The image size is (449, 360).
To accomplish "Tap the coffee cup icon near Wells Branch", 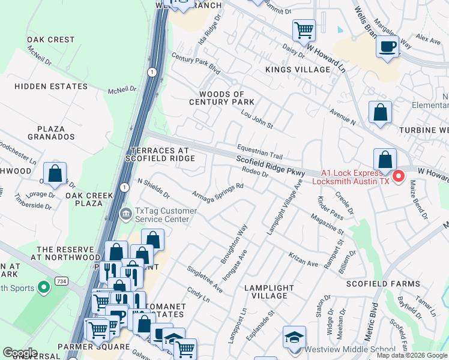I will point(387,46).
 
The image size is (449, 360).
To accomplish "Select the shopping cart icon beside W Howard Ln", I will point(304,29).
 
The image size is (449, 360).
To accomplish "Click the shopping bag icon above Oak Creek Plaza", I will point(55,173).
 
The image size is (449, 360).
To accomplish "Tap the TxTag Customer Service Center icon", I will point(126,214).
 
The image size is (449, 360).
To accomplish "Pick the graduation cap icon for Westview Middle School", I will point(294,337).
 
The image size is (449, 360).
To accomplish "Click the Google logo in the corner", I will point(19,353).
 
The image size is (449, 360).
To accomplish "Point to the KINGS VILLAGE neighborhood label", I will point(298,70).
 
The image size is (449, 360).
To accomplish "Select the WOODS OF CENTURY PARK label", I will point(222,98).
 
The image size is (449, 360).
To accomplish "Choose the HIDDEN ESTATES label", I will point(51,86).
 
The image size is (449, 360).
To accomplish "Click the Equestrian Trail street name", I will point(259,151).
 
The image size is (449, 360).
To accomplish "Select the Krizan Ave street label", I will point(304,260).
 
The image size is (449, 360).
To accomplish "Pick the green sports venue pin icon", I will point(43,289).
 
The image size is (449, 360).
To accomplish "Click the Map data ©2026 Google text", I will point(412,355).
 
